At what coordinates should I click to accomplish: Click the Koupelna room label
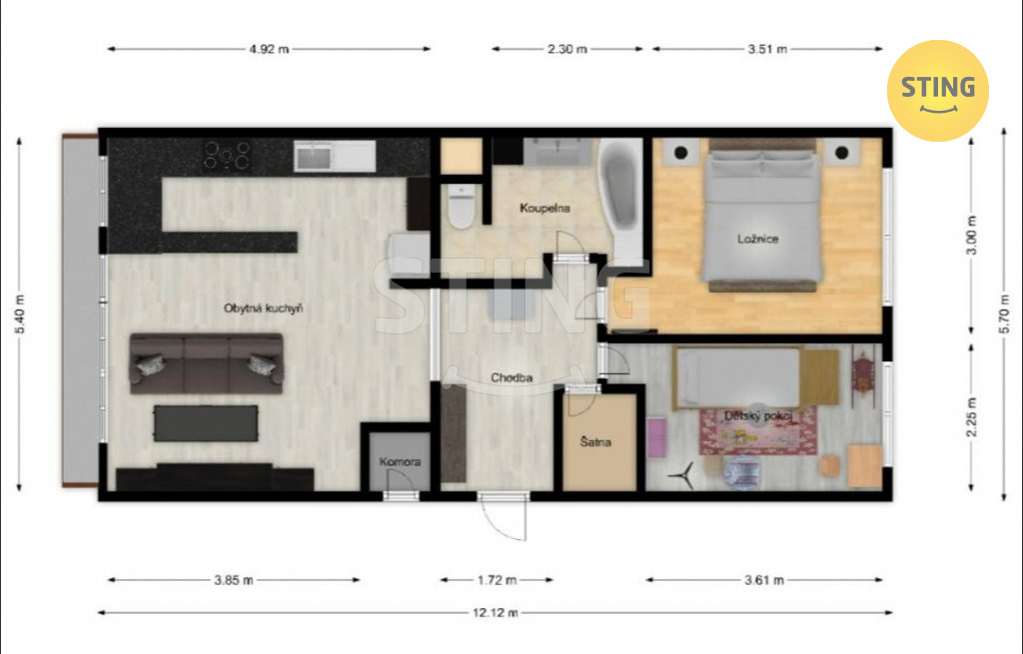(544, 208)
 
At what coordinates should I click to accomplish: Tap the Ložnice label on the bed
(757, 239)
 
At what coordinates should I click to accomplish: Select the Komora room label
(400, 461)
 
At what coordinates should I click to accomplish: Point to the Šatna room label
(595, 442)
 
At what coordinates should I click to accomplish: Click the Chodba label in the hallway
(511, 377)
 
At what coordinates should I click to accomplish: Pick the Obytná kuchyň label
(263, 309)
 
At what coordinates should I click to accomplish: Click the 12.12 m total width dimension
(496, 612)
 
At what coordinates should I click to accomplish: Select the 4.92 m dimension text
(269, 49)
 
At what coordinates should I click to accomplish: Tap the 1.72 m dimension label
(497, 580)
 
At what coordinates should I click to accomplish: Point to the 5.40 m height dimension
(20, 315)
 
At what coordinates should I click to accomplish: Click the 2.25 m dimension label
(971, 418)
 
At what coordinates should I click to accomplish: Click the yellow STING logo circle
(937, 91)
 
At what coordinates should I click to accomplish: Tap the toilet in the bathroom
(462, 206)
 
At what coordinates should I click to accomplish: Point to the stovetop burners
(227, 155)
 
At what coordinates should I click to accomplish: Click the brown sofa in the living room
(206, 363)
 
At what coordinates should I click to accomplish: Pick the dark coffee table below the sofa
(206, 423)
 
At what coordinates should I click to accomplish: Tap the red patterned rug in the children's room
(758, 430)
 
